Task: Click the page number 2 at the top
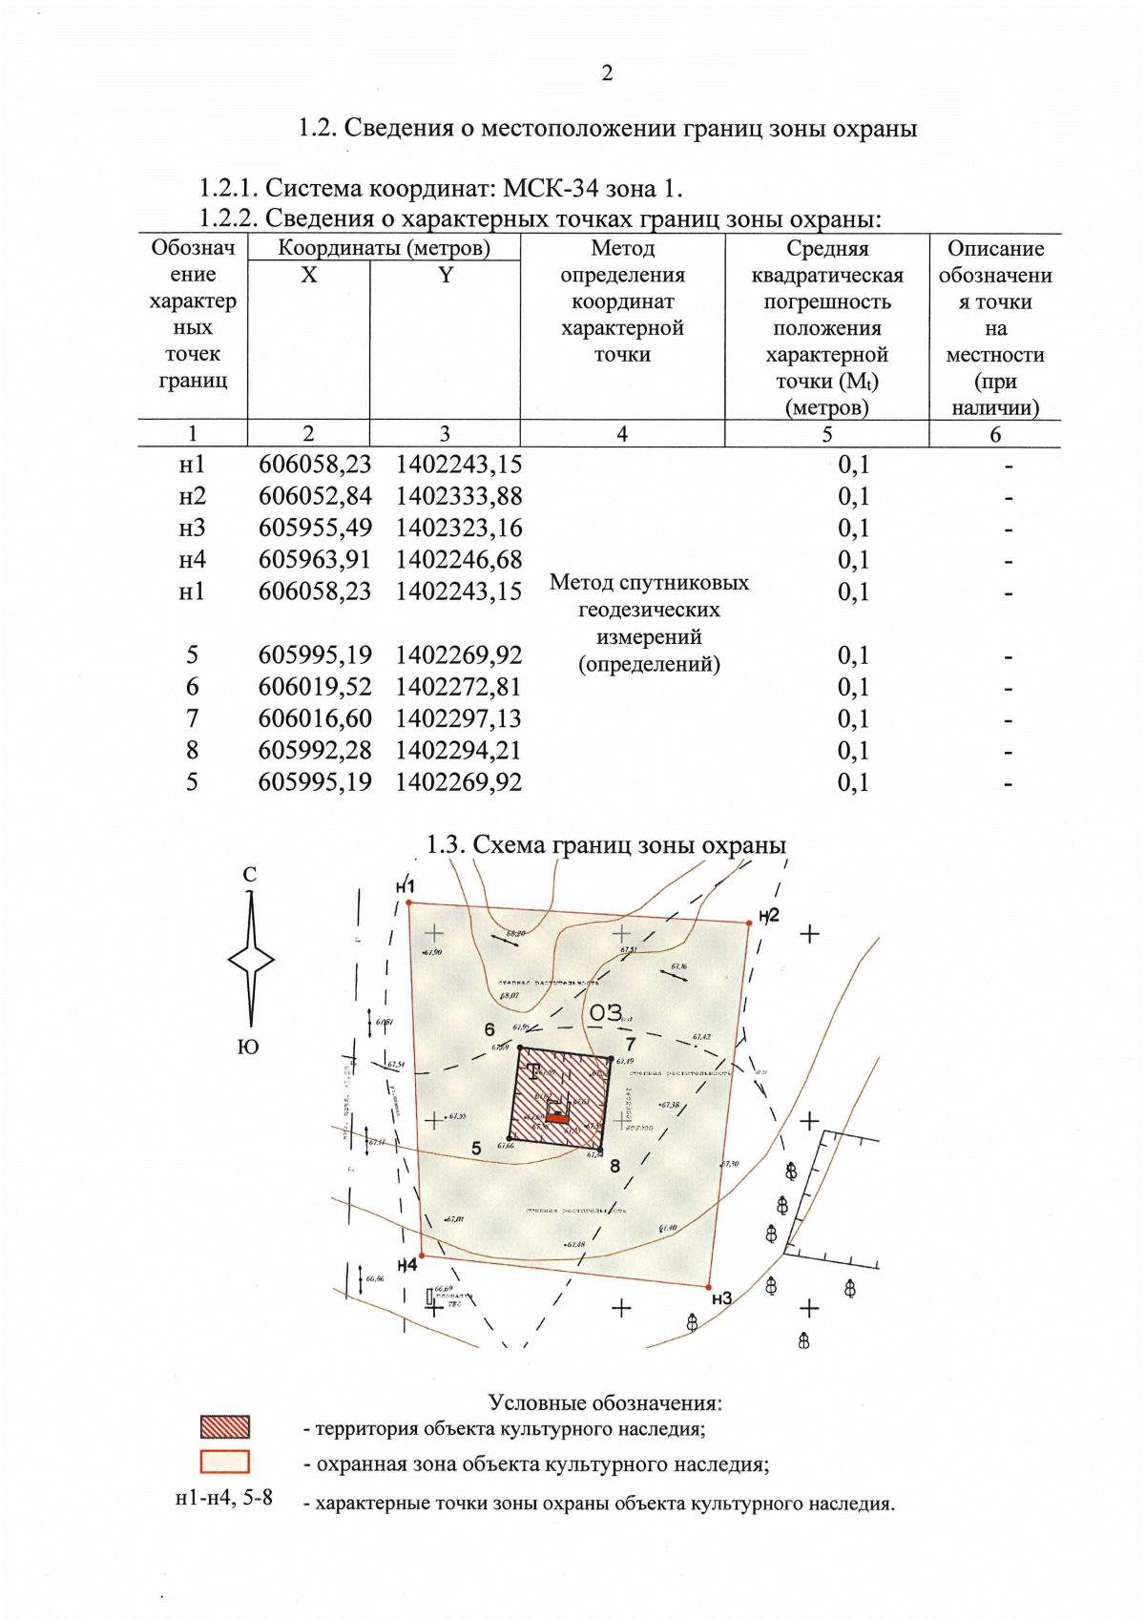(x=607, y=73)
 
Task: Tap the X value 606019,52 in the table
(x=315, y=687)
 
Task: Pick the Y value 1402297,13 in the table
(x=459, y=718)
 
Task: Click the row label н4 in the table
(x=192, y=560)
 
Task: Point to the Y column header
(x=445, y=276)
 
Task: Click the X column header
(x=308, y=276)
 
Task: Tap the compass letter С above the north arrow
(x=250, y=874)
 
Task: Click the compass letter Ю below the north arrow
(x=248, y=1048)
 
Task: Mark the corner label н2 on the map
(x=769, y=915)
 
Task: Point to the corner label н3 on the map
(x=721, y=1298)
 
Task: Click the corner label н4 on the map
(x=407, y=1265)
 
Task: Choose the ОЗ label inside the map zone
(x=605, y=1012)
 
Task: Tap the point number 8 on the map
(x=615, y=1166)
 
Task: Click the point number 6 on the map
(x=489, y=1029)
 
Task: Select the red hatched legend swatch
(x=225, y=1427)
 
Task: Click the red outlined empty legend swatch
(x=225, y=1463)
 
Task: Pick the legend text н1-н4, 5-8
(x=224, y=1498)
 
